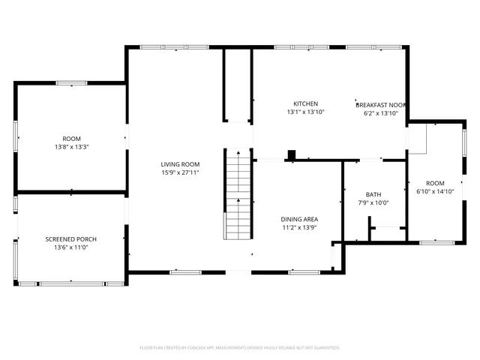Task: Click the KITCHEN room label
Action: [x=305, y=103]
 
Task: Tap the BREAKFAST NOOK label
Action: [x=381, y=104]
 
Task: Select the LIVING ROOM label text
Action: [x=180, y=164]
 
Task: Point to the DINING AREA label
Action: [x=299, y=219]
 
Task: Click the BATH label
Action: [x=373, y=194]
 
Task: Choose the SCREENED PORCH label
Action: [x=71, y=239]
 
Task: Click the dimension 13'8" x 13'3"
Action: [x=71, y=147]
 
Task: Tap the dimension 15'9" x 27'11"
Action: [x=180, y=172]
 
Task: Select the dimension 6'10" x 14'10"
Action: [x=435, y=191]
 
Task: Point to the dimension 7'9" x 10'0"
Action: [x=373, y=202]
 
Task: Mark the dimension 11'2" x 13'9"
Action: [x=299, y=227]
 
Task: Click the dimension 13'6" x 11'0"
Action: [x=71, y=247]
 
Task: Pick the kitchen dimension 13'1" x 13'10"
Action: [x=305, y=112]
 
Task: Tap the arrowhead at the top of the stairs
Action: [x=238, y=152]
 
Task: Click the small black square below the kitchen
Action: [x=292, y=155]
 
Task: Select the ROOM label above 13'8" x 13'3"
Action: [x=71, y=139]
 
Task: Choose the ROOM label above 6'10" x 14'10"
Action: [x=435, y=183]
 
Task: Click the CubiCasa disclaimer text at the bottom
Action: [x=240, y=348]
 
